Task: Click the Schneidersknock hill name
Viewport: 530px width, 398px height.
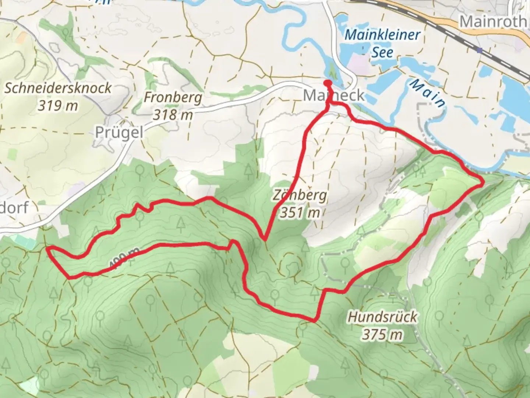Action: point(58,88)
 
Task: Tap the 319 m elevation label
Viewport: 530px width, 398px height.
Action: point(58,106)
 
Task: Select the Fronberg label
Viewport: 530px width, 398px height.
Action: point(173,98)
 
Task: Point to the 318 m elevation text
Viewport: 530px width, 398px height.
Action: point(173,115)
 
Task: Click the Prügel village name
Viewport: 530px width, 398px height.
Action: point(119,132)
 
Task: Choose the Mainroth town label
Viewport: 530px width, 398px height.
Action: point(493,21)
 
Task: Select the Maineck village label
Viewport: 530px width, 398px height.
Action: point(333,96)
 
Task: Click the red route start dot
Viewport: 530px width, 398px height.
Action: point(327,83)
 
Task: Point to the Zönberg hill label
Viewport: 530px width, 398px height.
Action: point(300,195)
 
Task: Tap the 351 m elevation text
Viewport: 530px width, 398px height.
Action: point(300,212)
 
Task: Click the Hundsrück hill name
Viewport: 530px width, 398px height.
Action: point(383,317)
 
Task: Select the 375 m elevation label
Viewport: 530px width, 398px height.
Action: point(383,334)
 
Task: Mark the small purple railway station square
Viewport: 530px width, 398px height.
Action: point(479,50)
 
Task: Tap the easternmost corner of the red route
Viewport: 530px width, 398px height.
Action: point(483,181)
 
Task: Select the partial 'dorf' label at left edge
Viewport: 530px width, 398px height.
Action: point(14,208)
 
